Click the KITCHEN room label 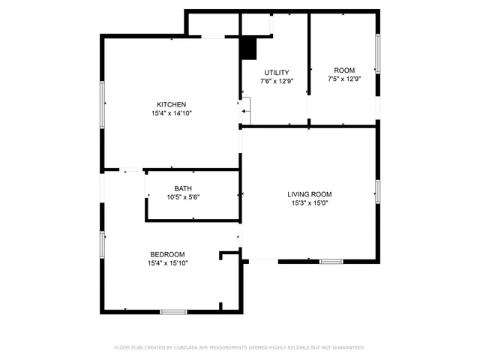click(171, 104)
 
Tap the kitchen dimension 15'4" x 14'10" click(171, 113)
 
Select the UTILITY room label click(276, 72)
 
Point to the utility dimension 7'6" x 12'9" click(276, 81)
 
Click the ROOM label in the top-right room click(344, 70)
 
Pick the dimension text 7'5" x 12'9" click(344, 79)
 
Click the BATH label click(183, 188)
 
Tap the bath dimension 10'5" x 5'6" click(183, 197)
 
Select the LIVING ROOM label click(310, 193)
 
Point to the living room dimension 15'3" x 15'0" click(310, 202)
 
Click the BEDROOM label click(167, 254)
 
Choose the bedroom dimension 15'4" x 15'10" click(167, 263)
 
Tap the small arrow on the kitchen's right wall click(245, 112)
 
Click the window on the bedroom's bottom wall click(173, 311)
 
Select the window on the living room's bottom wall click(331, 261)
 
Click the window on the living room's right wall click(377, 191)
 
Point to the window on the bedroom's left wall click(103, 244)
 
